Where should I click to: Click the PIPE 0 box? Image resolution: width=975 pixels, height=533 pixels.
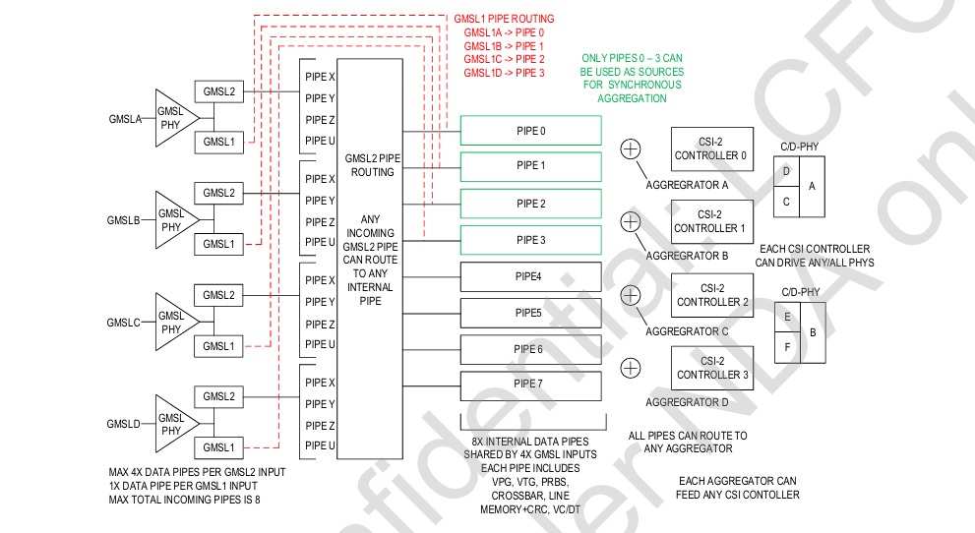coord(530,130)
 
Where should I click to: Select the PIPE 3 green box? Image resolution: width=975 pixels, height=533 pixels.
coord(530,240)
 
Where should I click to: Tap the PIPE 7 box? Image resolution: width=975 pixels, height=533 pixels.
coord(530,385)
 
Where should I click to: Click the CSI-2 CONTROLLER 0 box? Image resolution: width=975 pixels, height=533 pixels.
coord(711,148)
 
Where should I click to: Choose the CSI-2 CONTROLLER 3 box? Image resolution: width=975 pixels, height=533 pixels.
coord(711,368)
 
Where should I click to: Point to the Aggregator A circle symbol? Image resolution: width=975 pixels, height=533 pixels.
coord(631,148)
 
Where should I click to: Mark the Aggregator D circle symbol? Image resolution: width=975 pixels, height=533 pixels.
coord(631,368)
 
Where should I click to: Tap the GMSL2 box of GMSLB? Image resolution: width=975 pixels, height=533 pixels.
coord(218,194)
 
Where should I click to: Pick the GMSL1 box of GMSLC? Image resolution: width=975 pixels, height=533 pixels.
coord(218,346)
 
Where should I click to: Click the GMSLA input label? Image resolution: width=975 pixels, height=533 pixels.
coord(126,119)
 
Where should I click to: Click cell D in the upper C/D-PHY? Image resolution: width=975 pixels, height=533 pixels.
coord(785,171)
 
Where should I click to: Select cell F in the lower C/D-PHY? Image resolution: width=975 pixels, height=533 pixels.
coord(786,347)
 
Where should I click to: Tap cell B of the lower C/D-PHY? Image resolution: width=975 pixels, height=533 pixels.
coord(813,332)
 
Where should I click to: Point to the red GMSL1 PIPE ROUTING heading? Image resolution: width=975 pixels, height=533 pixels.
coord(504,19)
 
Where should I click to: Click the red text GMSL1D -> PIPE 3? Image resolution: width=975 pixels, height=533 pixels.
coord(504,73)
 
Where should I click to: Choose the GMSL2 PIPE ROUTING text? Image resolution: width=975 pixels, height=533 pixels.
coord(370,164)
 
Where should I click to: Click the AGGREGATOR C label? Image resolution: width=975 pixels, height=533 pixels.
coord(686,331)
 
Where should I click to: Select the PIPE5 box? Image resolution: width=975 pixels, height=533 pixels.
coord(530,313)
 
